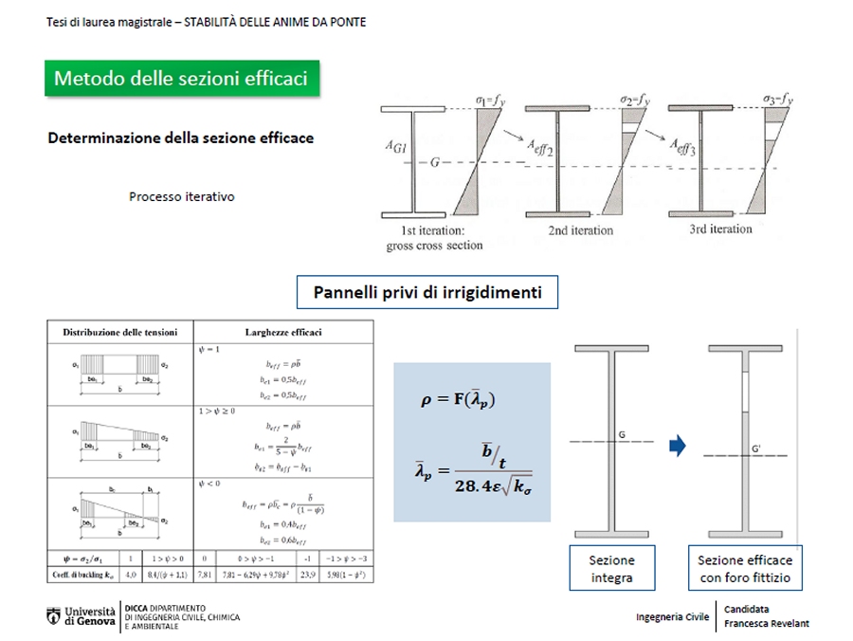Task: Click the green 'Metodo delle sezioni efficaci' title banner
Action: tap(181, 79)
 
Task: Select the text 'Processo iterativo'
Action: tap(182, 197)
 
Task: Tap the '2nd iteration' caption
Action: tap(581, 230)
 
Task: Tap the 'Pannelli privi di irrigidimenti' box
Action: tap(427, 292)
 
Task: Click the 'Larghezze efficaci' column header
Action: tap(283, 333)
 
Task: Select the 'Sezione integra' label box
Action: tap(611, 568)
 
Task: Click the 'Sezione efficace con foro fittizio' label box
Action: tap(744, 568)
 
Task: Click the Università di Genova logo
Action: tap(82, 615)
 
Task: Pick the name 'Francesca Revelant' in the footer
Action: tap(766, 623)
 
